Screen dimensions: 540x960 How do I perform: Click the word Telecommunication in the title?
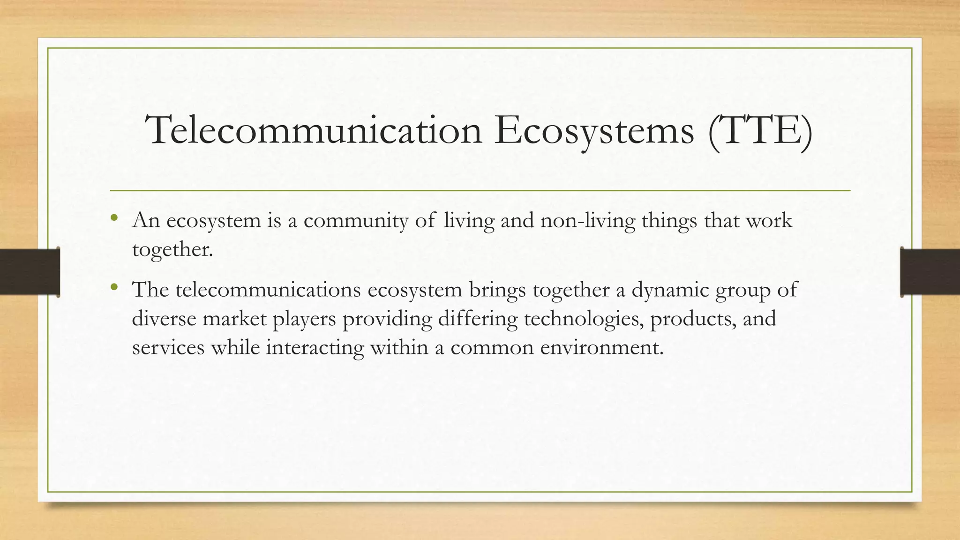(x=314, y=130)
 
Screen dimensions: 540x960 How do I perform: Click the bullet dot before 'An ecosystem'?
(x=113, y=217)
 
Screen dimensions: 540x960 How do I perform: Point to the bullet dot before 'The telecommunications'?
(x=113, y=287)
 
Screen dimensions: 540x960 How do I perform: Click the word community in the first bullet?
(x=356, y=220)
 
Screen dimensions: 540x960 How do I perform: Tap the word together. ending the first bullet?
(x=172, y=249)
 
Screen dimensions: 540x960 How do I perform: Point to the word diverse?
(x=164, y=319)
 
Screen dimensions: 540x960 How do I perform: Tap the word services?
(x=168, y=348)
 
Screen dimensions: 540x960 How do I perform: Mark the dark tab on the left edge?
(x=30, y=272)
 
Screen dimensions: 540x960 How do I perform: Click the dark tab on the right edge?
(x=930, y=272)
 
